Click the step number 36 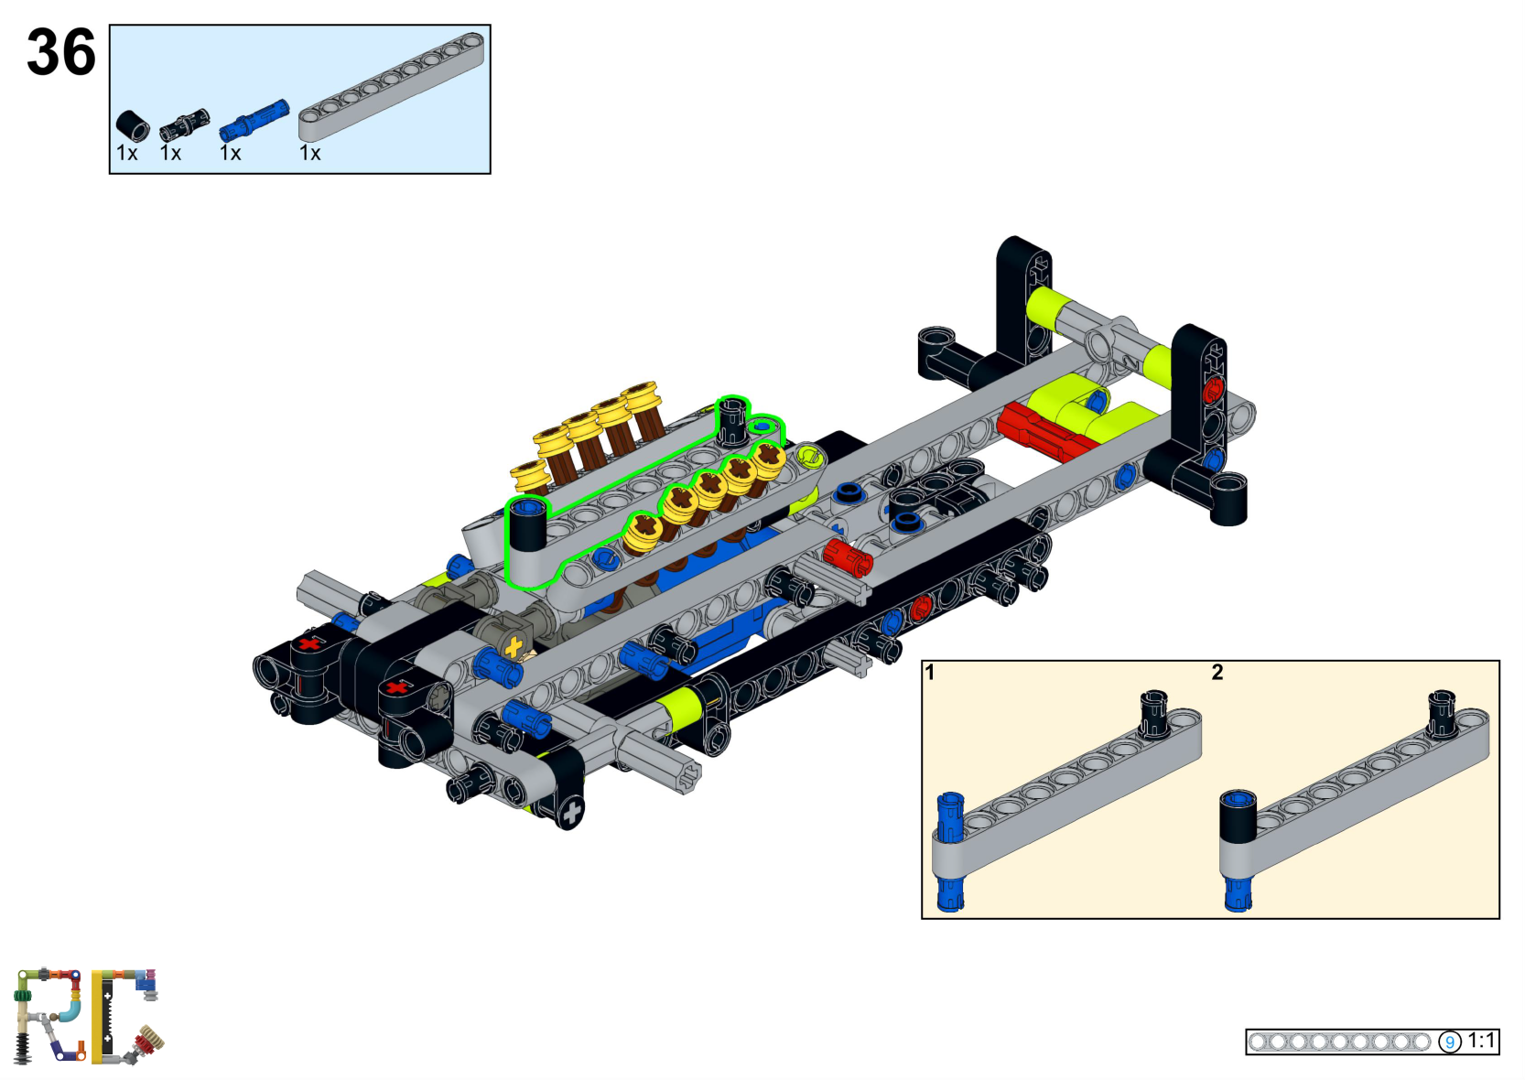[60, 52]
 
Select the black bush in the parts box [133, 125]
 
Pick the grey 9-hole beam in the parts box [391, 87]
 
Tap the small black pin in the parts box [184, 125]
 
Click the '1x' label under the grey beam [310, 154]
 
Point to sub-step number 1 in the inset [930, 673]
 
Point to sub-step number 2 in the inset [1217, 673]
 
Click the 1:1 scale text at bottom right [1481, 1041]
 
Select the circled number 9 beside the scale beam [1449, 1042]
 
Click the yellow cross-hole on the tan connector [513, 648]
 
